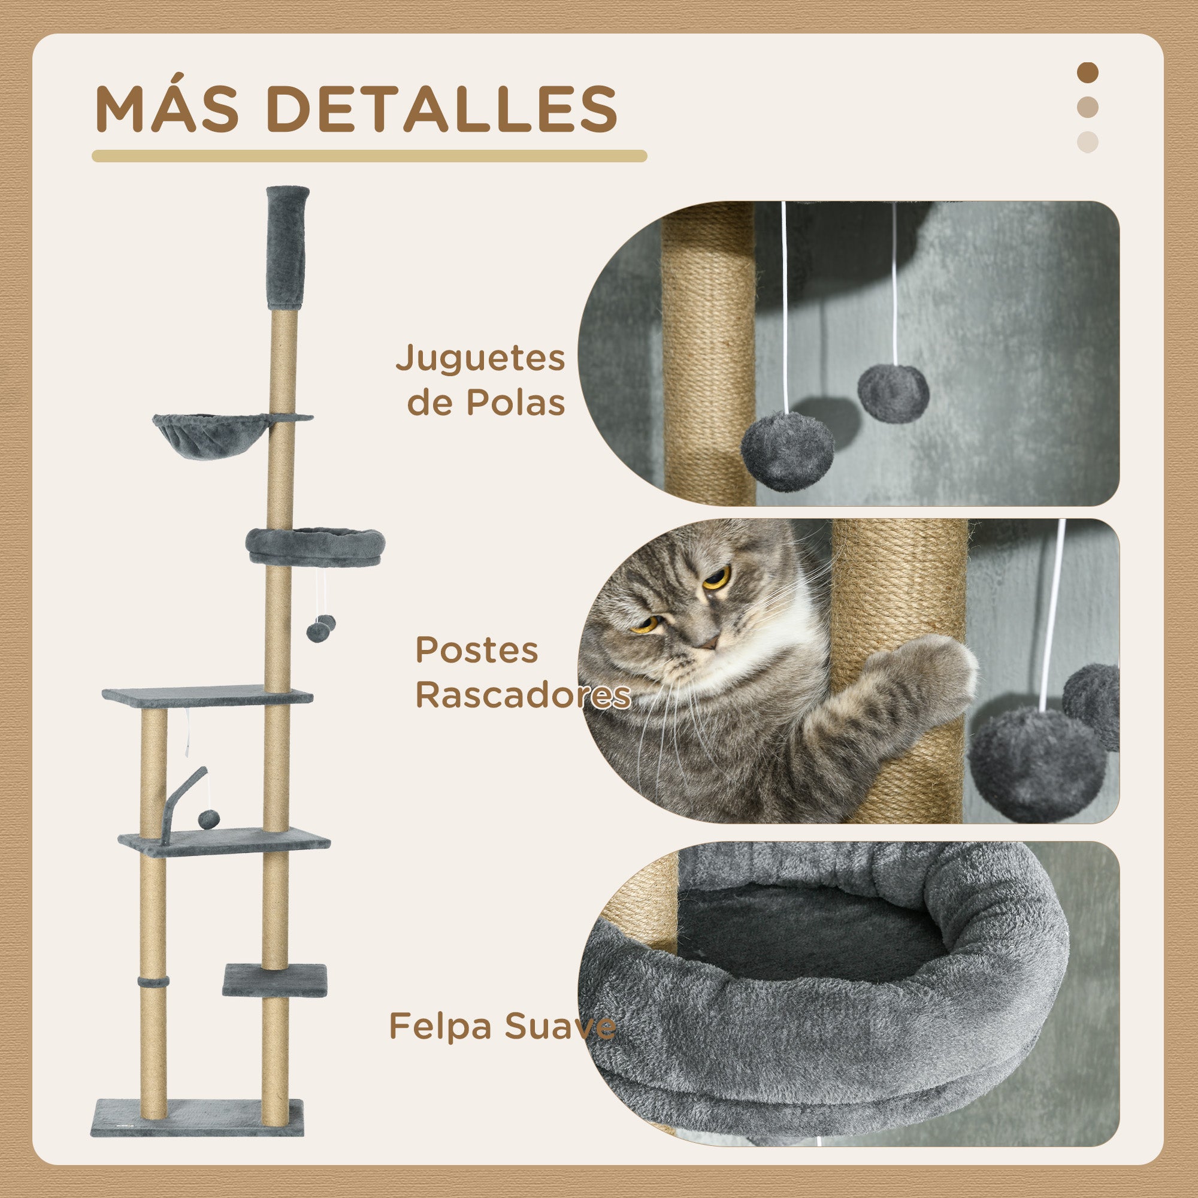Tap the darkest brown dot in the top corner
click(x=1087, y=72)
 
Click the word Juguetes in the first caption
click(x=480, y=359)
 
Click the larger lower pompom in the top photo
click(x=787, y=452)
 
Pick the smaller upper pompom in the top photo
click(x=893, y=393)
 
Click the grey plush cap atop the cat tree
click(x=287, y=247)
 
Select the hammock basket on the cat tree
click(x=211, y=435)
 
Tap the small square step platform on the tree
click(x=275, y=981)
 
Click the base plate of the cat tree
click(x=197, y=1118)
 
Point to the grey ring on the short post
click(x=153, y=983)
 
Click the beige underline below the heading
click(x=369, y=156)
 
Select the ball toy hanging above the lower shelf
click(x=209, y=819)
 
